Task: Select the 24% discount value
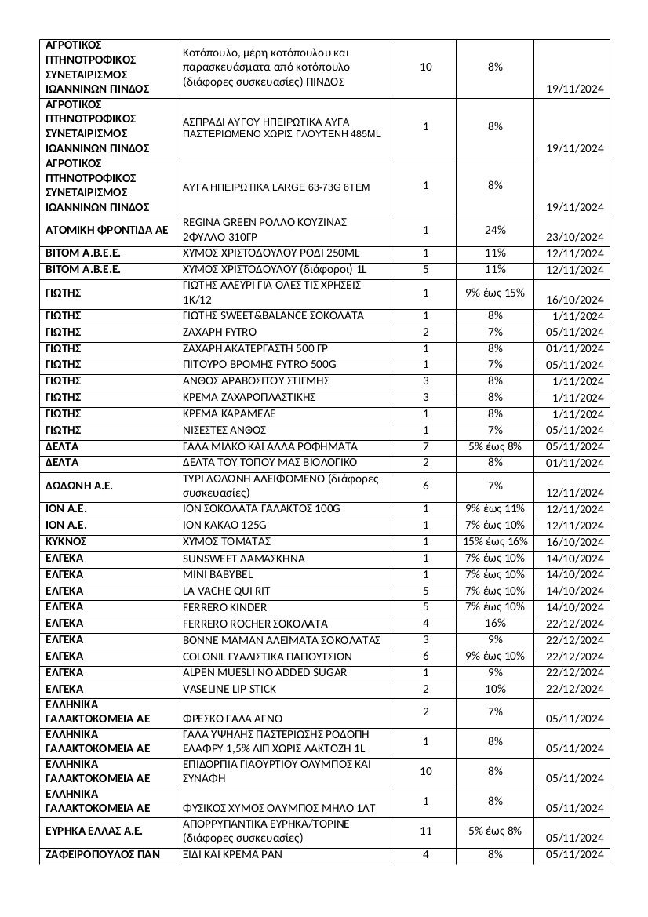click(x=495, y=230)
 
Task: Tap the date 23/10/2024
click(x=575, y=237)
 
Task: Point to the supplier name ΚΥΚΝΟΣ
click(x=66, y=542)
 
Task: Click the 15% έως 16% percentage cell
click(x=495, y=542)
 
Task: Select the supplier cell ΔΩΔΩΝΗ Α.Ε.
click(x=78, y=486)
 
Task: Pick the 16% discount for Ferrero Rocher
click(x=495, y=624)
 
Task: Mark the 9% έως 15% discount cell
click(x=495, y=293)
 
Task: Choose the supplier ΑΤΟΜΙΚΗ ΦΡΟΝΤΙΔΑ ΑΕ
click(x=106, y=230)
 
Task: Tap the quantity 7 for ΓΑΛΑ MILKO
click(x=426, y=446)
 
